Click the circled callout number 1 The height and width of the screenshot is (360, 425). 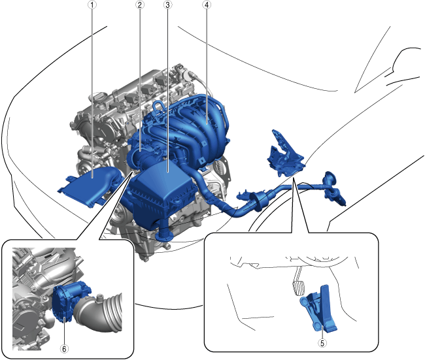tap(92, 5)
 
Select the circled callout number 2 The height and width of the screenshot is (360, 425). tap(139, 5)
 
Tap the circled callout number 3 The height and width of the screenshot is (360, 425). tap(168, 5)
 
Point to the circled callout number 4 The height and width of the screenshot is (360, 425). tap(207, 5)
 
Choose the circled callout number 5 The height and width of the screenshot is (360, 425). tap(322, 343)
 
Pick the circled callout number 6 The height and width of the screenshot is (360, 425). tap(64, 349)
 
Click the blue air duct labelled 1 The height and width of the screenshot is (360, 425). tap(90, 186)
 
